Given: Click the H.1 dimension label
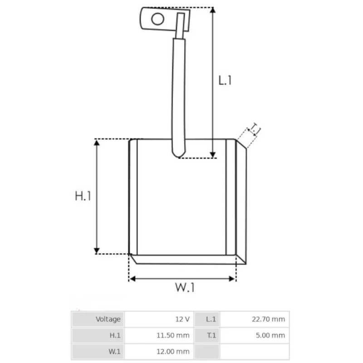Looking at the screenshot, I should pos(83,196).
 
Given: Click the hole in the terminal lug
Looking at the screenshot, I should pos(157,19).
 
